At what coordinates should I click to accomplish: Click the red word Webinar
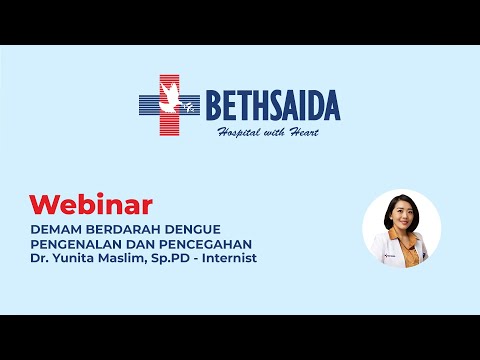tap(90, 205)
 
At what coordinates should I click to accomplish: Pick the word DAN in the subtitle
tap(141, 243)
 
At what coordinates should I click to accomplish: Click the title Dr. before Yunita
tap(38, 258)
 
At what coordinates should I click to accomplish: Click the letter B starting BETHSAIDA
tap(214, 104)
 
